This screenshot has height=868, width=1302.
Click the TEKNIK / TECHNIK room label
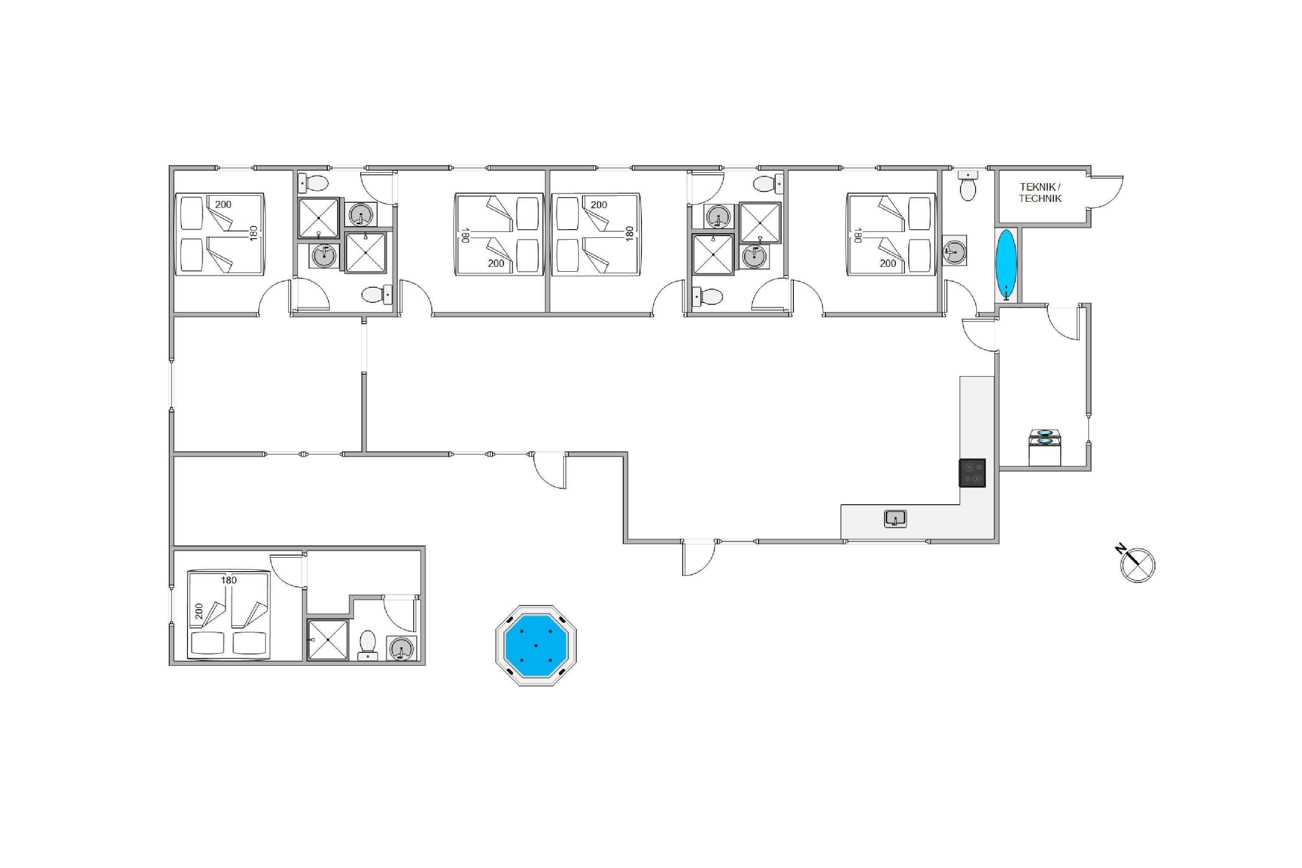click(1040, 193)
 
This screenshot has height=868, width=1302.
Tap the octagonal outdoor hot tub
click(536, 645)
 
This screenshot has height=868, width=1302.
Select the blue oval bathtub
click(1006, 265)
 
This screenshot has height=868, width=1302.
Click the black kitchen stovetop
click(972, 473)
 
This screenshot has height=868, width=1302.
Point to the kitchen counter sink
click(895, 519)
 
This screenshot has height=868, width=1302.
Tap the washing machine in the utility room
click(1045, 447)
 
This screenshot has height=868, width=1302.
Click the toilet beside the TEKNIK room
click(968, 185)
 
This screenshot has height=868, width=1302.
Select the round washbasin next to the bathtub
click(954, 250)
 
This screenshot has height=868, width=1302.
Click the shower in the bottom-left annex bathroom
click(328, 640)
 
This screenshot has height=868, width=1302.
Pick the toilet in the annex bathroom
click(368, 645)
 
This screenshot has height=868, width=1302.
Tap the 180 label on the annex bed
click(229, 580)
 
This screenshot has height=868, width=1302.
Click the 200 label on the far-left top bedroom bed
click(223, 204)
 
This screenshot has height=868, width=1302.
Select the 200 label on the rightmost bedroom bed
click(888, 263)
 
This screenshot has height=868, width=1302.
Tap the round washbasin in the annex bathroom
click(401, 648)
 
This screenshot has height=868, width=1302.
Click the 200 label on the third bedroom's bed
click(599, 205)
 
